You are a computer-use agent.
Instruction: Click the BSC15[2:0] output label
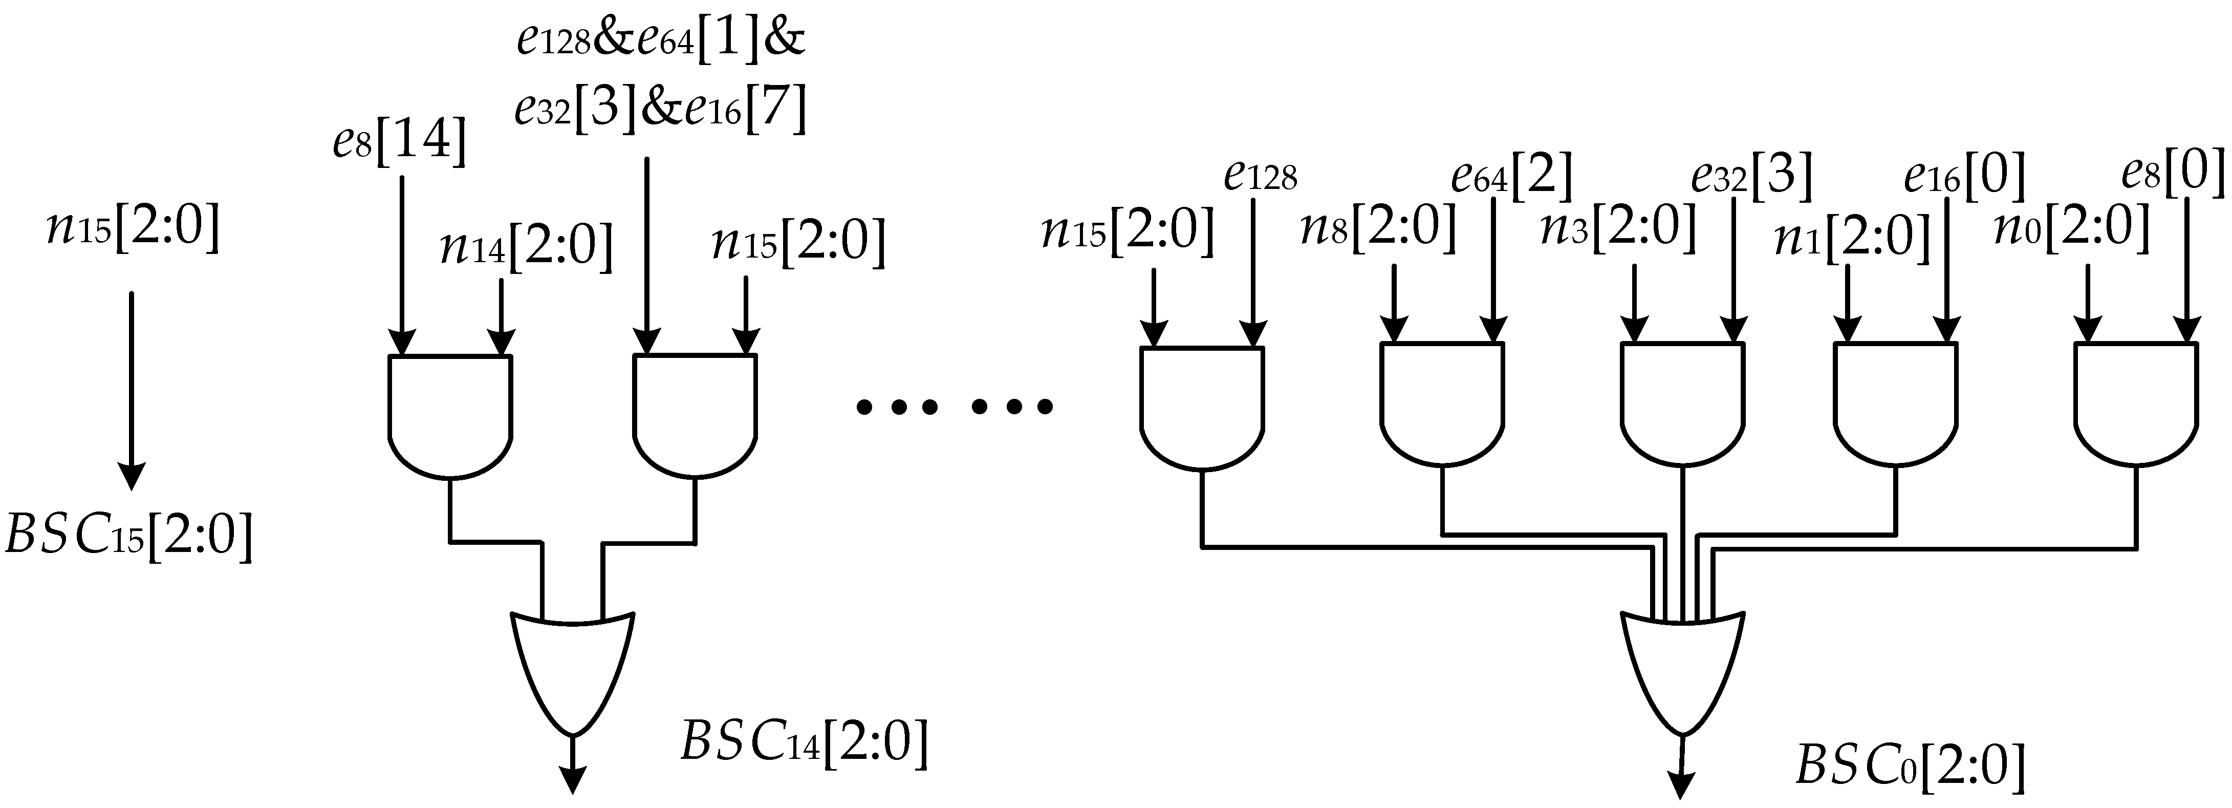tap(128, 535)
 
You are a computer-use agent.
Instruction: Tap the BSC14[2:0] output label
tap(803, 741)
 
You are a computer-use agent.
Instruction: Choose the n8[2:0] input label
tap(1378, 228)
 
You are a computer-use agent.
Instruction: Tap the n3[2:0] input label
tap(1617, 228)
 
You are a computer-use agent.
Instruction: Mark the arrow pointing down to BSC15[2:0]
tap(131, 390)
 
